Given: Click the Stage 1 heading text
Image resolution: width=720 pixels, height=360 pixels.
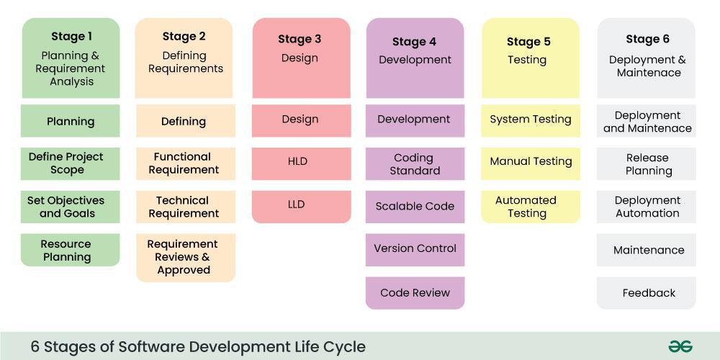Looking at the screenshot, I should pos(71,37).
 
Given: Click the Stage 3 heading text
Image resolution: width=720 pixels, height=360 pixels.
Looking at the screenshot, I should pos(300,40).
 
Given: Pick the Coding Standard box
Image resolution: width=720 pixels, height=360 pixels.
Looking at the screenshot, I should pos(415,164).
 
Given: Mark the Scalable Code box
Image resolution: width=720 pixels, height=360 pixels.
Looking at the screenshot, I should pos(415,207).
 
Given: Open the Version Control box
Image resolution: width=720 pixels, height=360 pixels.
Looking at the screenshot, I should pos(415,249).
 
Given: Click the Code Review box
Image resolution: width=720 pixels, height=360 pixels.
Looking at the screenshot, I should pos(415,293).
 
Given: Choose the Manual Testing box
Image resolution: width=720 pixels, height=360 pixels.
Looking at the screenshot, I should pos(531,162).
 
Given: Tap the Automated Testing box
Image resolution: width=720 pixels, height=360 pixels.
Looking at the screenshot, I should pos(531,207).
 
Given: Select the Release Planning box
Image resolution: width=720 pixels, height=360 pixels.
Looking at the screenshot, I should pos(647,164).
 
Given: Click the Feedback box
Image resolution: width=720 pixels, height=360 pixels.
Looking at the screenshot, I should pos(647,293).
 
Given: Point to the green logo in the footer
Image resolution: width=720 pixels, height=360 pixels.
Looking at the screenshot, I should pos(680,346).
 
